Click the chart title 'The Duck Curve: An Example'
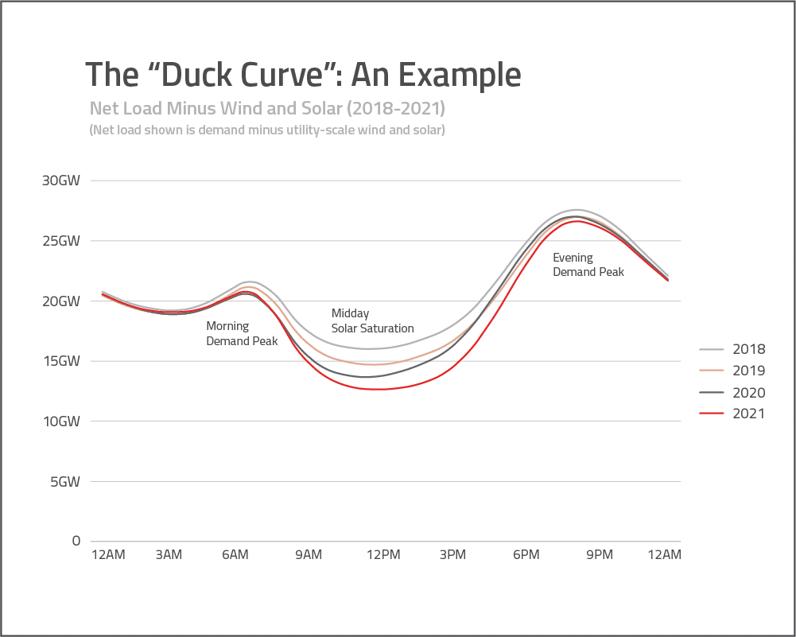click(x=303, y=75)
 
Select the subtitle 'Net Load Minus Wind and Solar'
click(x=266, y=107)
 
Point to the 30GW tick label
click(x=61, y=181)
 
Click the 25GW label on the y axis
click(x=61, y=241)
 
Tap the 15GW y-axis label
click(x=61, y=361)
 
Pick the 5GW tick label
click(x=64, y=481)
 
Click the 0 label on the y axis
click(x=76, y=541)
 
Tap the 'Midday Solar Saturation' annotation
click(x=372, y=320)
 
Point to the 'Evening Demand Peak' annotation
click(x=588, y=264)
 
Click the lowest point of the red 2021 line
click(x=378, y=390)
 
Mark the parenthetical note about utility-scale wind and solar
click(x=266, y=130)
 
